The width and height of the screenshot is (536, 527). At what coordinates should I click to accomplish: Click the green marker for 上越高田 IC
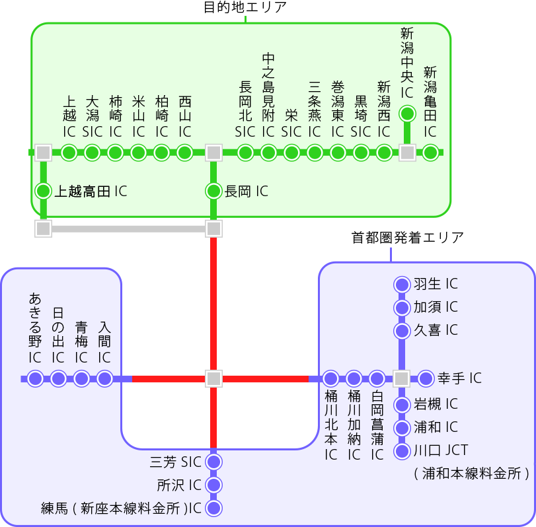[44, 192]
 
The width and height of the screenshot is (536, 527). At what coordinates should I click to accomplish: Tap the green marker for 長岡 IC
[213, 192]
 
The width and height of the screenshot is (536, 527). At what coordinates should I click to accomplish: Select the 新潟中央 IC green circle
[407, 114]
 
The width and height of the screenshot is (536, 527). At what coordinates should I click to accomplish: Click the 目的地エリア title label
[245, 8]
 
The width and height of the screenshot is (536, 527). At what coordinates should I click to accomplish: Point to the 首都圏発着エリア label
[407, 237]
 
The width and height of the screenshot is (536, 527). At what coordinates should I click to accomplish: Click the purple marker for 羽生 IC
[402, 285]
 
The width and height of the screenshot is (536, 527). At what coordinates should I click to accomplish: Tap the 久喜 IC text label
[436, 330]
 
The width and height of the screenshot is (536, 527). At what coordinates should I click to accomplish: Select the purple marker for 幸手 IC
[426, 378]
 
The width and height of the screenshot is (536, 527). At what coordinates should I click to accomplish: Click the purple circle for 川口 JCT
[402, 452]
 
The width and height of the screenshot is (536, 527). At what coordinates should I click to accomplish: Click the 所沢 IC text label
[178, 485]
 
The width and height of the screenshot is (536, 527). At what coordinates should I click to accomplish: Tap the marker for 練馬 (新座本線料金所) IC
[213, 509]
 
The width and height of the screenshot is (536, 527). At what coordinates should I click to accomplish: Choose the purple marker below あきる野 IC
[36, 378]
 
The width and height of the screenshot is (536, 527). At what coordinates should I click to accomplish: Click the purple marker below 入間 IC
[104, 378]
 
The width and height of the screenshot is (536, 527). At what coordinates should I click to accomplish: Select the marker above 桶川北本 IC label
[331, 378]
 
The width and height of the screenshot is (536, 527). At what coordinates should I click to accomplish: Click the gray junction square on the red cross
[213, 378]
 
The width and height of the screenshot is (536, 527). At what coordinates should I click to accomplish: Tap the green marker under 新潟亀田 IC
[430, 153]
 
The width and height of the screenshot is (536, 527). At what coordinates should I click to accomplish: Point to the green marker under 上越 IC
[69, 153]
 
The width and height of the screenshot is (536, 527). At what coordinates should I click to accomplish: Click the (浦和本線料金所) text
[471, 473]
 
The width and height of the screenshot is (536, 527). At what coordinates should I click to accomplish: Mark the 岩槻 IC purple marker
[402, 405]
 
